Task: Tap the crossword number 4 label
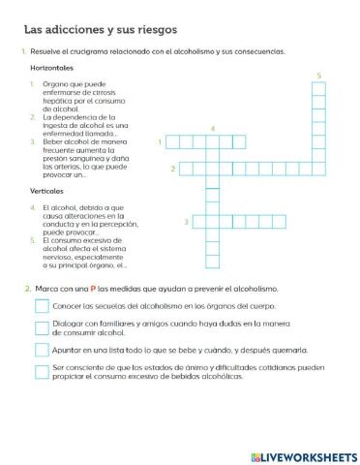click(212, 128)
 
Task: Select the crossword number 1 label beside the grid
click(159, 142)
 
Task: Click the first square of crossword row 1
click(171, 142)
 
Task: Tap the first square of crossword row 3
click(197, 222)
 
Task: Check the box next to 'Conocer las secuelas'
click(41, 306)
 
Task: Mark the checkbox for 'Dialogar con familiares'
click(41, 327)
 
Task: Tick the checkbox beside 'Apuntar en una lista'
click(41, 350)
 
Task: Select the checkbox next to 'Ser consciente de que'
click(41, 371)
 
